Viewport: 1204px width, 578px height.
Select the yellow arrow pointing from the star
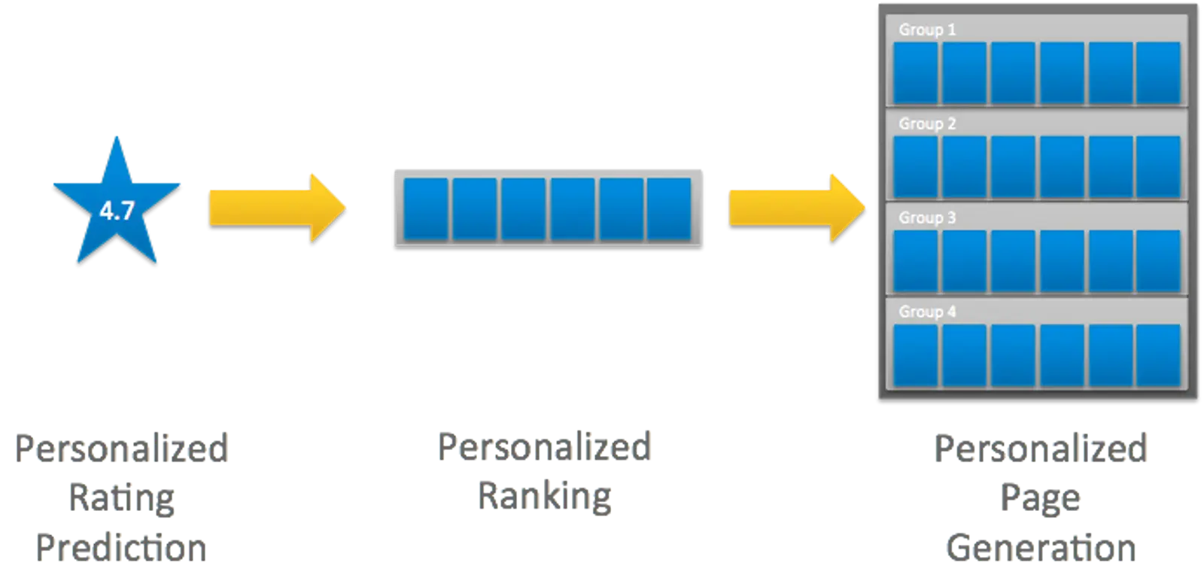coord(275,206)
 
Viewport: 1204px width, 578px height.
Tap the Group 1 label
coord(927,29)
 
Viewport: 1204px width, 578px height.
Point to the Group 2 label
coord(927,123)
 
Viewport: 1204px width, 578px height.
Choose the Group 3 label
coord(927,218)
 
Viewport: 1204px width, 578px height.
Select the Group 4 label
coord(927,312)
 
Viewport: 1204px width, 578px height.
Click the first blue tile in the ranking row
coord(426,208)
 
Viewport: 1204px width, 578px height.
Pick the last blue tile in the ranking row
coord(669,208)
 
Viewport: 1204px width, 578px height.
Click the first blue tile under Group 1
coord(915,72)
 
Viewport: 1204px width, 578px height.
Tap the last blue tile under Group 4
coord(1158,355)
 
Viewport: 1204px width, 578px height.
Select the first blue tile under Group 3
coord(915,260)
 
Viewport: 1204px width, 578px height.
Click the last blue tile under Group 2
coord(1158,166)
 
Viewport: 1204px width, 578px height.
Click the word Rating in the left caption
coord(120,497)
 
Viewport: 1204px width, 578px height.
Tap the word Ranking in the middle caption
coord(545,495)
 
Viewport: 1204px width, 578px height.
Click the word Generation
coord(1040,548)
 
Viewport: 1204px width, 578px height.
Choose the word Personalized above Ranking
coord(545,447)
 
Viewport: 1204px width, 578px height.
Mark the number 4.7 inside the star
coord(117,211)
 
